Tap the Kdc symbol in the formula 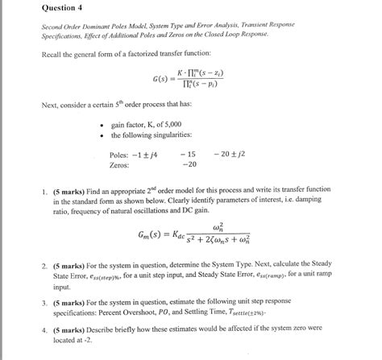point(183,237)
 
